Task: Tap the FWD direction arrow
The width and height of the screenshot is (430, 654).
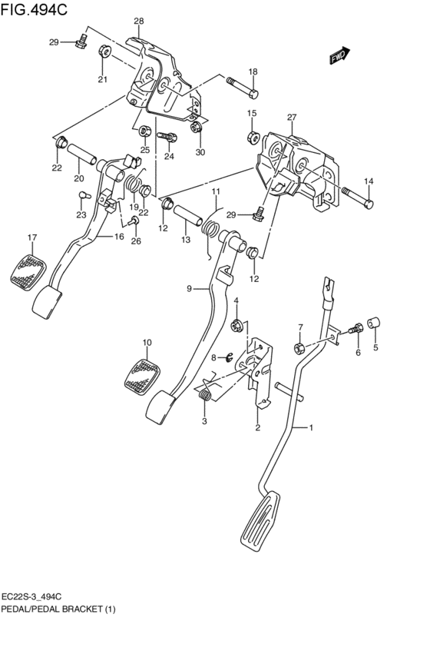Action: (x=339, y=56)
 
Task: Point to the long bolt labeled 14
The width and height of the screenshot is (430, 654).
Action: (x=358, y=199)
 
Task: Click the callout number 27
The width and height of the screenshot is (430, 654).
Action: (x=291, y=118)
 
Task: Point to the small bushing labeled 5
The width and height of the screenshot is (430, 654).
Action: (x=374, y=324)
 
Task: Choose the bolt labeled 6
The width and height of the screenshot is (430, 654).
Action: (x=356, y=329)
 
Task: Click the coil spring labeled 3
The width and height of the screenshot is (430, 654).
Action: (x=205, y=395)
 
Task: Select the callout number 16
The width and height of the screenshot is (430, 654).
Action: (x=119, y=237)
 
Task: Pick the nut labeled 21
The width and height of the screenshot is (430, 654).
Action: (x=105, y=52)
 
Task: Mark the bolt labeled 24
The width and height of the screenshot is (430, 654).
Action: (x=168, y=137)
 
